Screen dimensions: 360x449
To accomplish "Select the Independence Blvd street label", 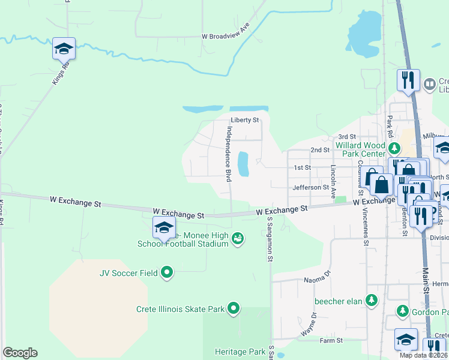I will click(229, 155).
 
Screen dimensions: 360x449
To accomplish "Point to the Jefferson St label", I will click(310, 188).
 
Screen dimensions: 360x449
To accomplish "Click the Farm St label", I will click(331, 340).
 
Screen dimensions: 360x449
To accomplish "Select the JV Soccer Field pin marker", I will click(167, 273).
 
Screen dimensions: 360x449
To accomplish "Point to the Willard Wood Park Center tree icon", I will click(394, 148).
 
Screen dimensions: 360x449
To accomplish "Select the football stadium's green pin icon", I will click(238, 239).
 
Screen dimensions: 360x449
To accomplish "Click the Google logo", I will click(20, 353).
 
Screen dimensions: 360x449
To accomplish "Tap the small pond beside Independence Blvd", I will click(244, 164).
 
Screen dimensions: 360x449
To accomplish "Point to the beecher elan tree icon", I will click(372, 299).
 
